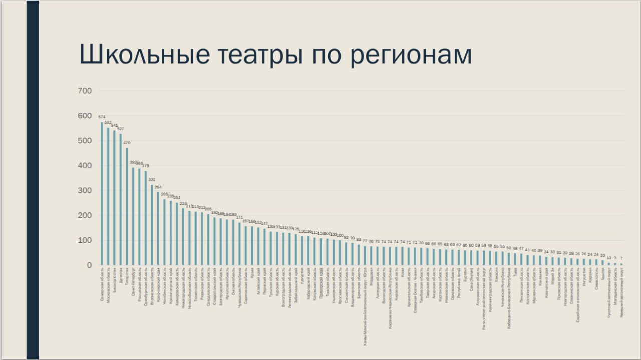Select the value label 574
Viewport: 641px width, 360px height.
tap(102, 117)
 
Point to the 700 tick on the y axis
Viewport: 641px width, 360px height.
tap(85, 91)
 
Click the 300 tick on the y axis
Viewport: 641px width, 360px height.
tap(85, 191)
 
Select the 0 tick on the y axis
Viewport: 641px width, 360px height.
tap(89, 265)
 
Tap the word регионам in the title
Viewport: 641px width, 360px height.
tap(411, 54)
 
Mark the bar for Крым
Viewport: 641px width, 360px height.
tap(252, 245)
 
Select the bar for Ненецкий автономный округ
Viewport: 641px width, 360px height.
tap(621, 264)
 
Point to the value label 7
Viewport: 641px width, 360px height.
tap(621, 258)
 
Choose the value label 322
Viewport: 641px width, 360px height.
tap(152, 180)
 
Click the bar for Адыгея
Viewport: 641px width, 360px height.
tap(602, 262)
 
